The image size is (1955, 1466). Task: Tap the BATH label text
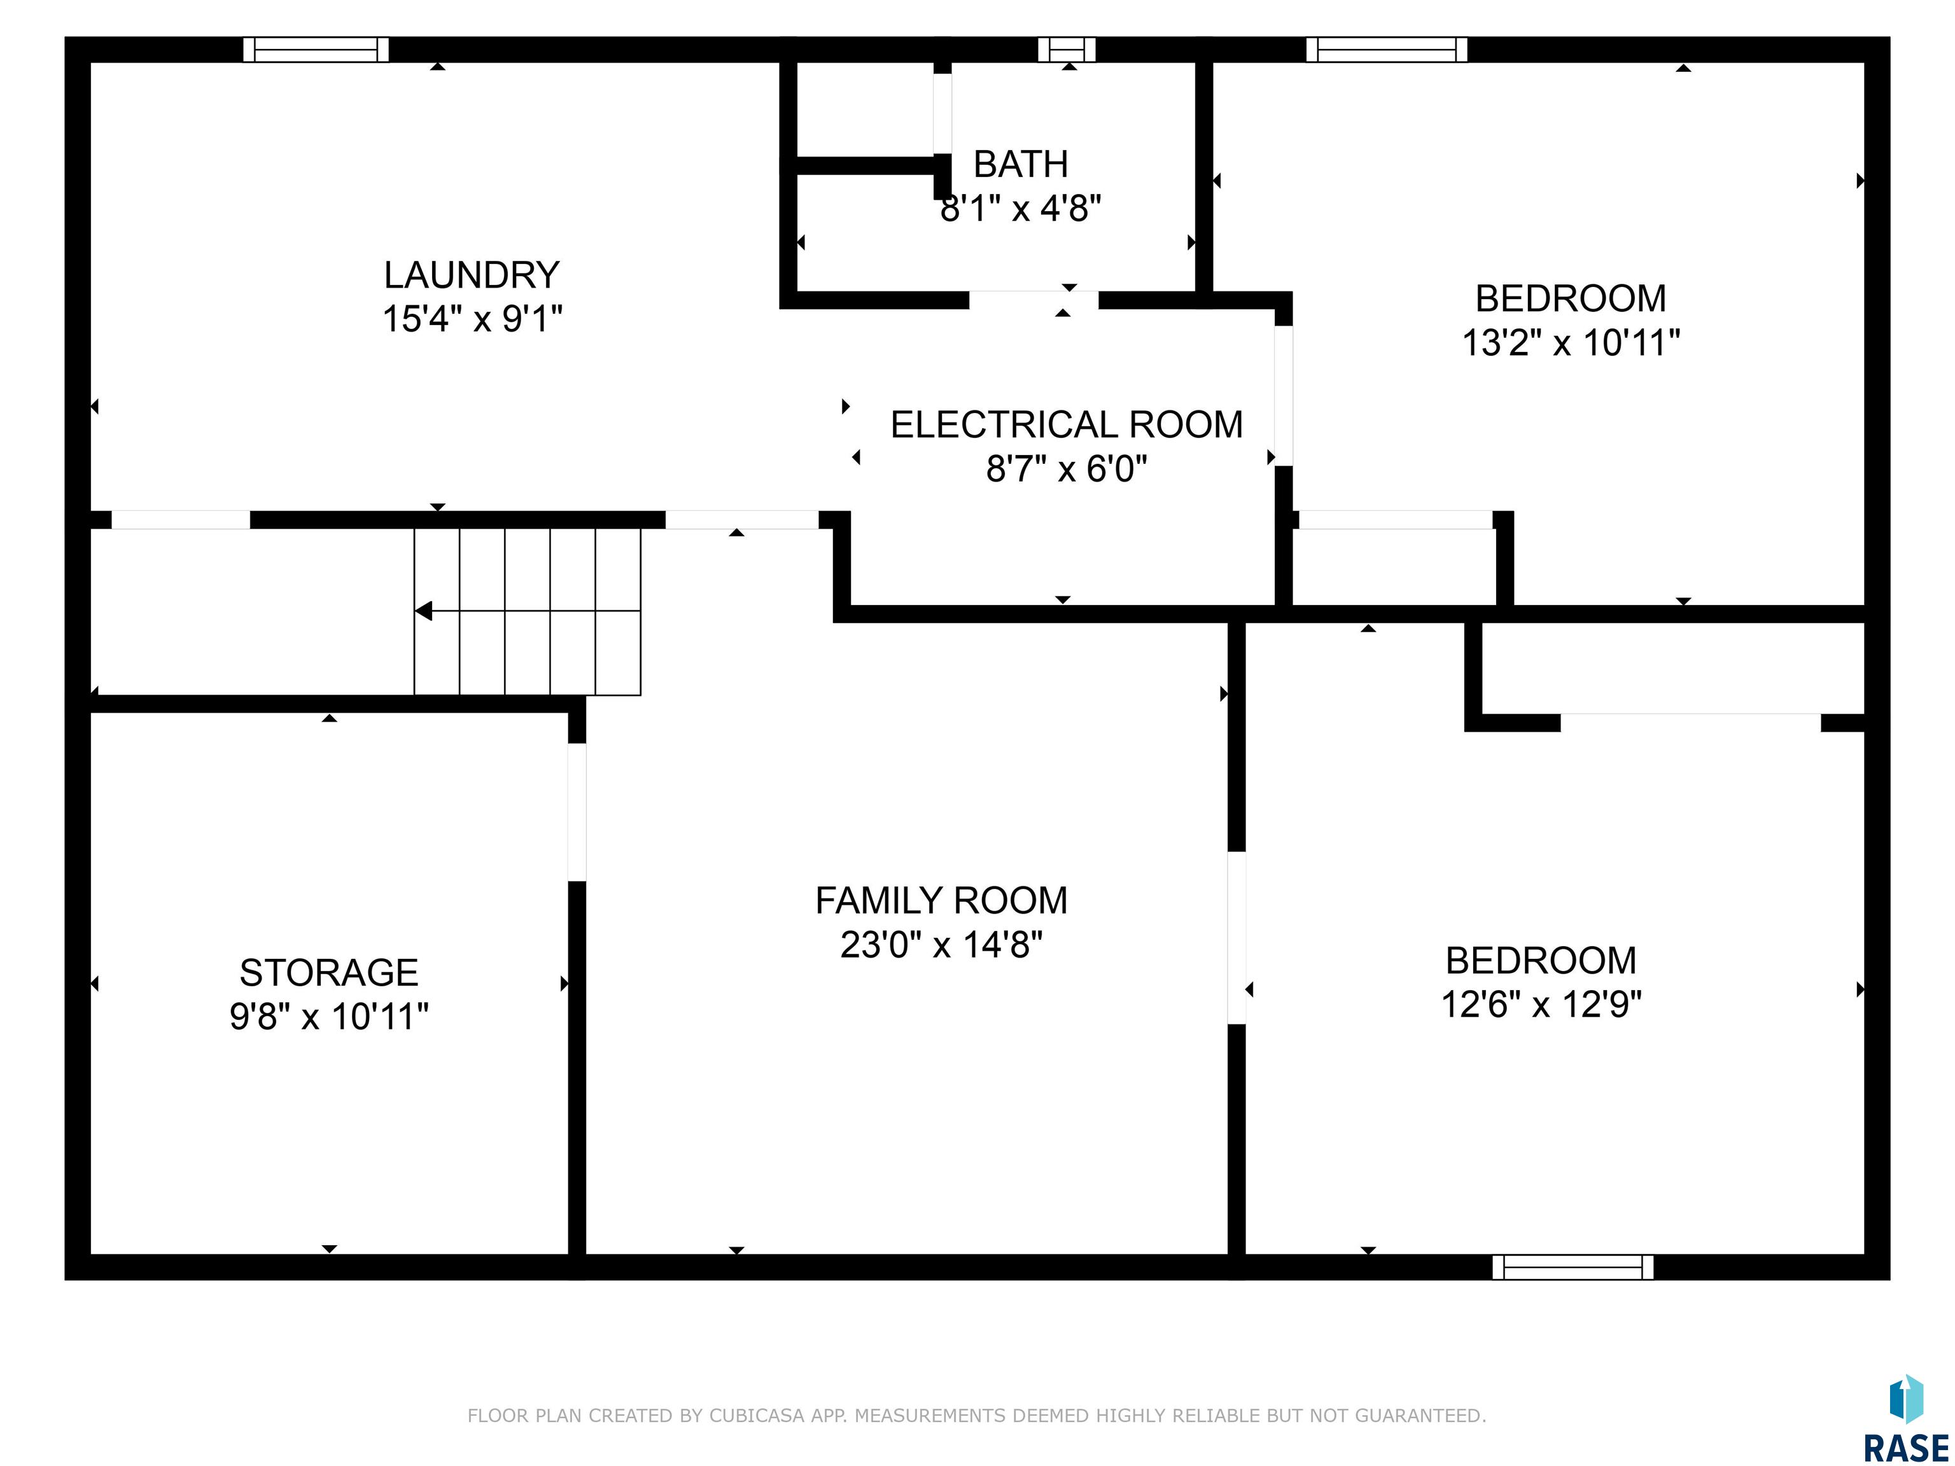point(1021,164)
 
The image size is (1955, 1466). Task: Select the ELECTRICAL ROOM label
point(1066,425)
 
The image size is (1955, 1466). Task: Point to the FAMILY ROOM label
point(941,900)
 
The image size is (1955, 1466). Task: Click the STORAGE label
point(329,973)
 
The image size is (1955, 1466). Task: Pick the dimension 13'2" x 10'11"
point(1571,343)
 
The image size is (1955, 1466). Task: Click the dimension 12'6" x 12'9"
point(1541,1005)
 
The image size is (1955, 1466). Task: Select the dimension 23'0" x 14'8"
point(941,945)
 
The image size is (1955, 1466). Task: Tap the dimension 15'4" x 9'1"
point(472,318)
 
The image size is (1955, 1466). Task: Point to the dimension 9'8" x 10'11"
point(329,1016)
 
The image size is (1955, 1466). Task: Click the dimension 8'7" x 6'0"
point(1066,468)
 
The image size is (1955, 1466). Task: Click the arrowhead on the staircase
point(423,611)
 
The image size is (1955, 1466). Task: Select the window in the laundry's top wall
point(316,50)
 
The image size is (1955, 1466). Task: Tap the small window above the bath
point(1067,50)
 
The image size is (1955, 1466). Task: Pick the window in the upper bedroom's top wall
point(1387,50)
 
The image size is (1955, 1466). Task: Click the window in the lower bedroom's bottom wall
point(1573,1267)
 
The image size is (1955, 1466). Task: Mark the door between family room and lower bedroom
point(1237,938)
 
